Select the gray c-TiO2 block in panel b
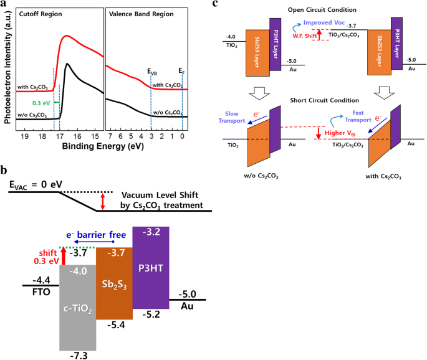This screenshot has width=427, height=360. (x=78, y=305)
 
